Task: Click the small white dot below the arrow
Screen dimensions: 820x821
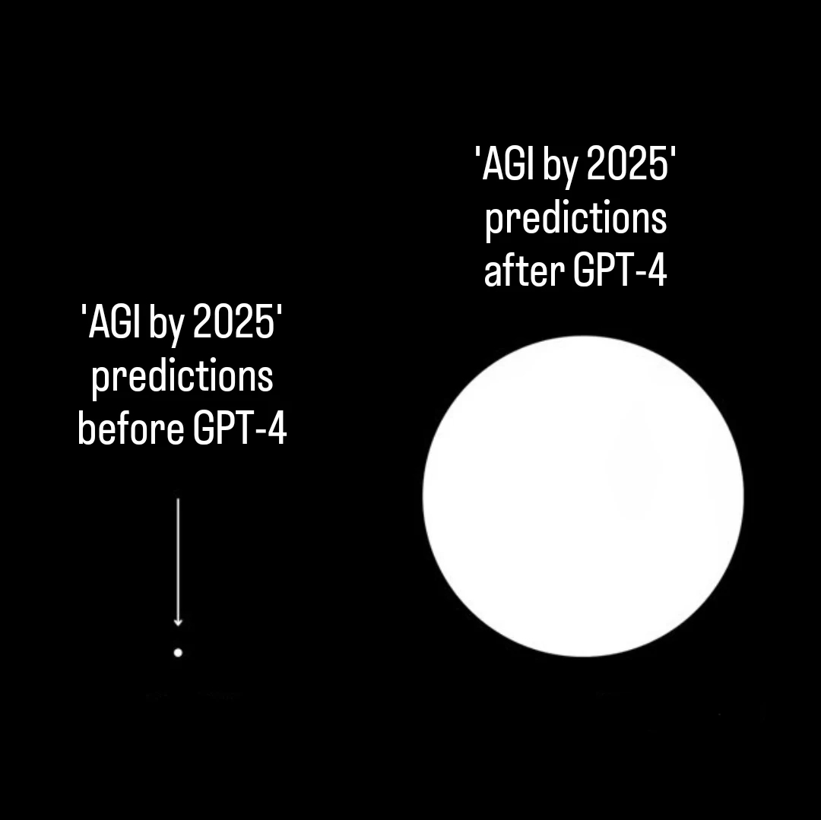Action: point(178,652)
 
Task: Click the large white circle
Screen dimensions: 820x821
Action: point(583,496)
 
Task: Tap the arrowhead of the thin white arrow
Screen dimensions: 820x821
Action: point(178,622)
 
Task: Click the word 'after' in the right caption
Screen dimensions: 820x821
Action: point(524,271)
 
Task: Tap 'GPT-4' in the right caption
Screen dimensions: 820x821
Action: point(620,271)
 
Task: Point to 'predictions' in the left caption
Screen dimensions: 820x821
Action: point(182,377)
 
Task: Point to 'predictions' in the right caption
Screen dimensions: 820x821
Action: point(575,220)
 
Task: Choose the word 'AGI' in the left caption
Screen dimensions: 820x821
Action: point(114,324)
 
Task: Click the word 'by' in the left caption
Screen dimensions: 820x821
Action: point(167,325)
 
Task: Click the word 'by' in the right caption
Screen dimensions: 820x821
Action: point(560,168)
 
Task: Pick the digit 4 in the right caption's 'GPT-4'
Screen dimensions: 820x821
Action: point(658,271)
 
